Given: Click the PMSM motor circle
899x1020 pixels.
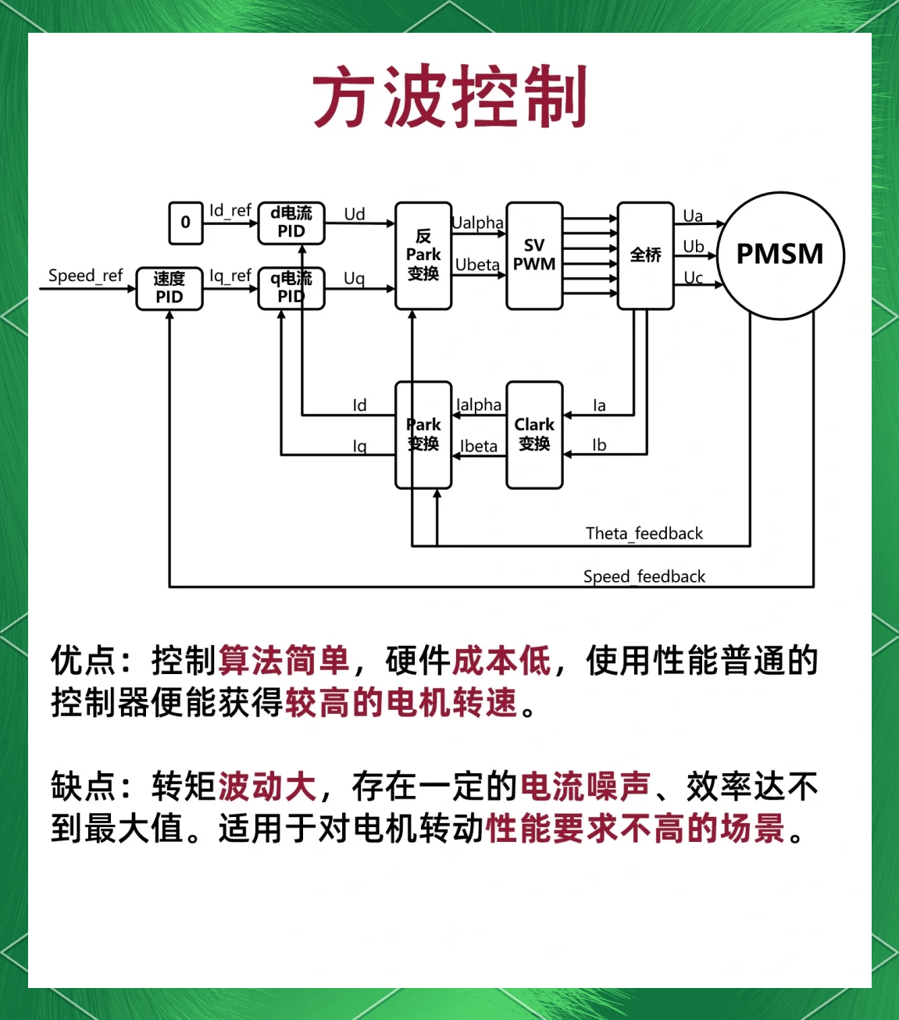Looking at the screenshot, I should point(780,255).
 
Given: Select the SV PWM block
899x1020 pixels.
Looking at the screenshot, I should point(534,255).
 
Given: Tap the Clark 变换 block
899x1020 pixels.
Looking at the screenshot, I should point(534,434).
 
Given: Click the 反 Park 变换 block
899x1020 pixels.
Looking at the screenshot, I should point(423,255).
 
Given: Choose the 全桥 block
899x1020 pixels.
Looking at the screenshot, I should point(646,255).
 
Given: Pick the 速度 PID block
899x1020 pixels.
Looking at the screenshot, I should point(169,288).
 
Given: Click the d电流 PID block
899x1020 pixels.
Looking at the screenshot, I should point(291,222).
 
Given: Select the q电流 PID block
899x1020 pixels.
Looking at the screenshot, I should point(291,287).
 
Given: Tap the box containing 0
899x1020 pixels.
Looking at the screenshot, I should point(186,223).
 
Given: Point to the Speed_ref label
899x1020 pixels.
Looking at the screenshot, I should point(85,276).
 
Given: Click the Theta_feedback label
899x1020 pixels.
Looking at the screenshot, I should point(644,533).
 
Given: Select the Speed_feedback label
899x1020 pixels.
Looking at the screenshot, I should point(644,576).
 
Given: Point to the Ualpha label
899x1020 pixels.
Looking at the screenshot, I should point(478,223).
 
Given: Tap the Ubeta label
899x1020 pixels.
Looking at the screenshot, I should point(477,265).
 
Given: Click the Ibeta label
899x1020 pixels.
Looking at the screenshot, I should point(479,446).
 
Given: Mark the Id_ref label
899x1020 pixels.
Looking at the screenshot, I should point(230,211).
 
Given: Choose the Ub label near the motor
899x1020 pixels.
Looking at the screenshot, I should point(694,247).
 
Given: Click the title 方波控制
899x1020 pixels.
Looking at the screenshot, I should point(450,97).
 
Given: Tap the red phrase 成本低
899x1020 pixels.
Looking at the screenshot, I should point(502,661).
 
